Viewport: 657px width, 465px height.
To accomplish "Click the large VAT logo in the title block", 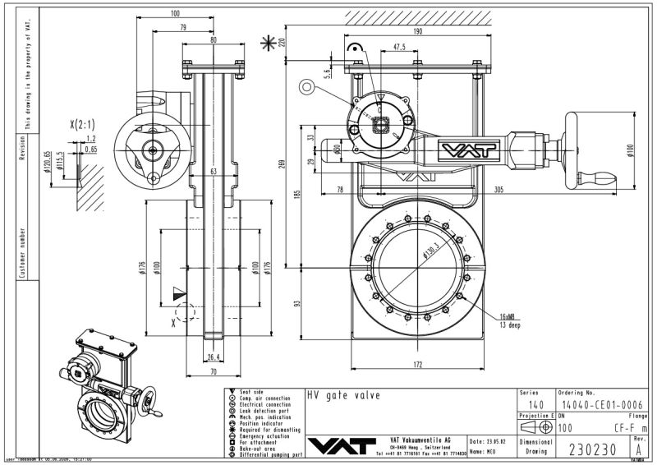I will point(338,443).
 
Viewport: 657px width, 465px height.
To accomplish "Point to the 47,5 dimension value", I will point(399,48).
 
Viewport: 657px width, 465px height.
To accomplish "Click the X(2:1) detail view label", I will point(83,125).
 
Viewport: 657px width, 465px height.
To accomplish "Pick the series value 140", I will point(535,403).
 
